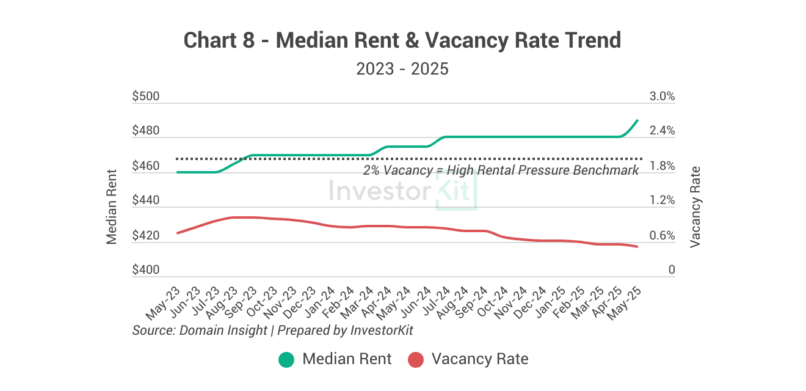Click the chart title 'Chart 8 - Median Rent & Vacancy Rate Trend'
pos(402,41)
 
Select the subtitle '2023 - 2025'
pos(402,68)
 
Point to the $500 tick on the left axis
pos(145,97)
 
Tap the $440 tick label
pos(145,200)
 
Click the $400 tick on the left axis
pos(145,270)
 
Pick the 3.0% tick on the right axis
pos(662,97)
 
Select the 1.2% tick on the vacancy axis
pos(662,200)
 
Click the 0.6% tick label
pos(662,236)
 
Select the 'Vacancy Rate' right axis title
pos(695,206)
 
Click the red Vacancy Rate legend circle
pos(415,359)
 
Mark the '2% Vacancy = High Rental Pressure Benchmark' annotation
pos(501,170)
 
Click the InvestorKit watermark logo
pos(402,191)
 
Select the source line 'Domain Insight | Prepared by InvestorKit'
pos(273,330)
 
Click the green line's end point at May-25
pos(637,120)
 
